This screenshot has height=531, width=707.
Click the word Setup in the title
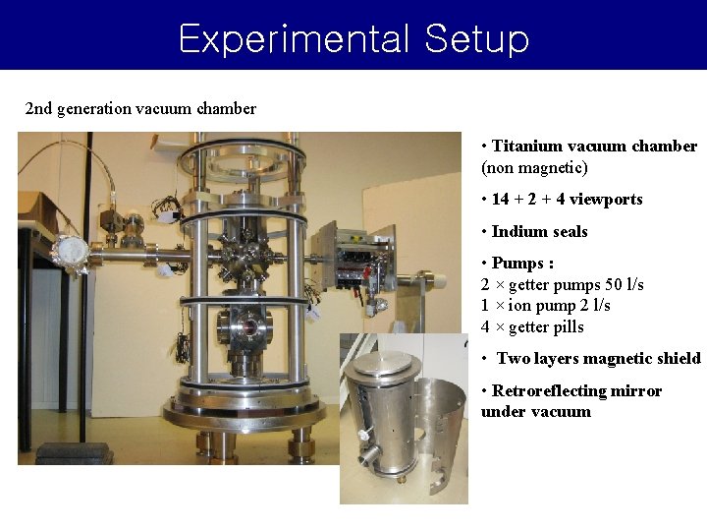click(x=477, y=39)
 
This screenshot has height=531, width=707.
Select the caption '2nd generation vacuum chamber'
click(x=140, y=108)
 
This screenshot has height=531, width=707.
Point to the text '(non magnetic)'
click(x=534, y=168)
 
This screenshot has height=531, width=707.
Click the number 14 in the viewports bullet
click(x=500, y=200)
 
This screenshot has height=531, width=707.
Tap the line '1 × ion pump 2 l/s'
click(x=545, y=306)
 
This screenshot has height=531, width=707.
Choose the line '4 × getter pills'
click(x=532, y=327)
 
